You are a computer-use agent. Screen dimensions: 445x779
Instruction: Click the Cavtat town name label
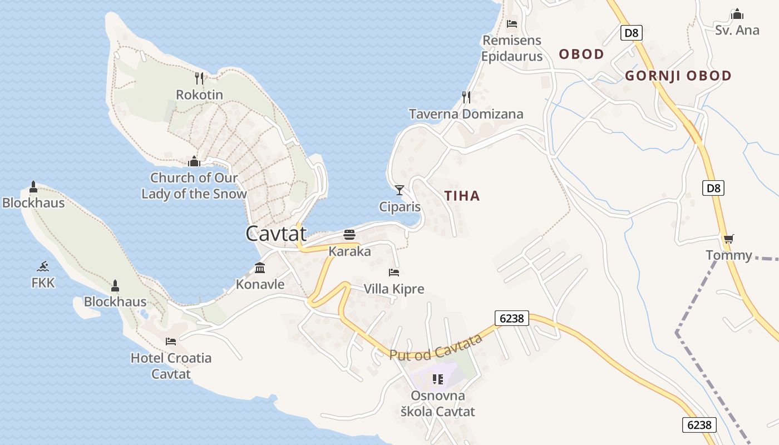(x=276, y=233)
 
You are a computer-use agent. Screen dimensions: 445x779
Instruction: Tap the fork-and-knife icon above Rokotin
(x=200, y=78)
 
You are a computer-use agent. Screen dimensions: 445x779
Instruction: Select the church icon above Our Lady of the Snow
(x=194, y=161)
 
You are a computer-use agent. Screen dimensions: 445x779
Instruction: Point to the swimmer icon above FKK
(x=43, y=266)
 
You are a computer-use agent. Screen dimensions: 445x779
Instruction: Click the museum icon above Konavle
(x=260, y=268)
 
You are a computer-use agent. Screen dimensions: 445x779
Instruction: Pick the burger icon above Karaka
(x=349, y=235)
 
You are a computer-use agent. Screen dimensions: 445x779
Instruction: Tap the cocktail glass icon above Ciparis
(x=400, y=190)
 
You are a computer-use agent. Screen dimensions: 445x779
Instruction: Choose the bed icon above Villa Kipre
(x=394, y=273)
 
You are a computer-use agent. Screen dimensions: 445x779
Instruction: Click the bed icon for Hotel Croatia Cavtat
(x=171, y=341)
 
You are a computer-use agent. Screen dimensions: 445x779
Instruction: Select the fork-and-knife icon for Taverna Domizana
(x=466, y=97)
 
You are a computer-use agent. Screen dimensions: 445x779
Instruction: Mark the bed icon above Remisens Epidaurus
(x=512, y=23)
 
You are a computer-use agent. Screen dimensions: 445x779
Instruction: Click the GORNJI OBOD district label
(x=678, y=76)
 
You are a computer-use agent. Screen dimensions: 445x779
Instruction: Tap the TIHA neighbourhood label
(x=462, y=196)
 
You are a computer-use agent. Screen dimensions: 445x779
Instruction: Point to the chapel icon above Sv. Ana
(x=737, y=14)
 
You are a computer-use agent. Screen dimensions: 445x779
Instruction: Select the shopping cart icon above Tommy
(x=728, y=239)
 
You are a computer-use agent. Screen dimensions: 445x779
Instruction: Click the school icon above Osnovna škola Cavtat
(x=438, y=379)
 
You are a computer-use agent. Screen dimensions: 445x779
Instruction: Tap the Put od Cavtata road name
(x=435, y=347)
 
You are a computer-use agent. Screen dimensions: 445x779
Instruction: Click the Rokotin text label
(x=199, y=95)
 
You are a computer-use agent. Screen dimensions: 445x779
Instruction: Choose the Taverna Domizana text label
(x=466, y=114)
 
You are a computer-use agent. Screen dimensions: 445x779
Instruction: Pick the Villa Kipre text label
(x=394, y=289)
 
